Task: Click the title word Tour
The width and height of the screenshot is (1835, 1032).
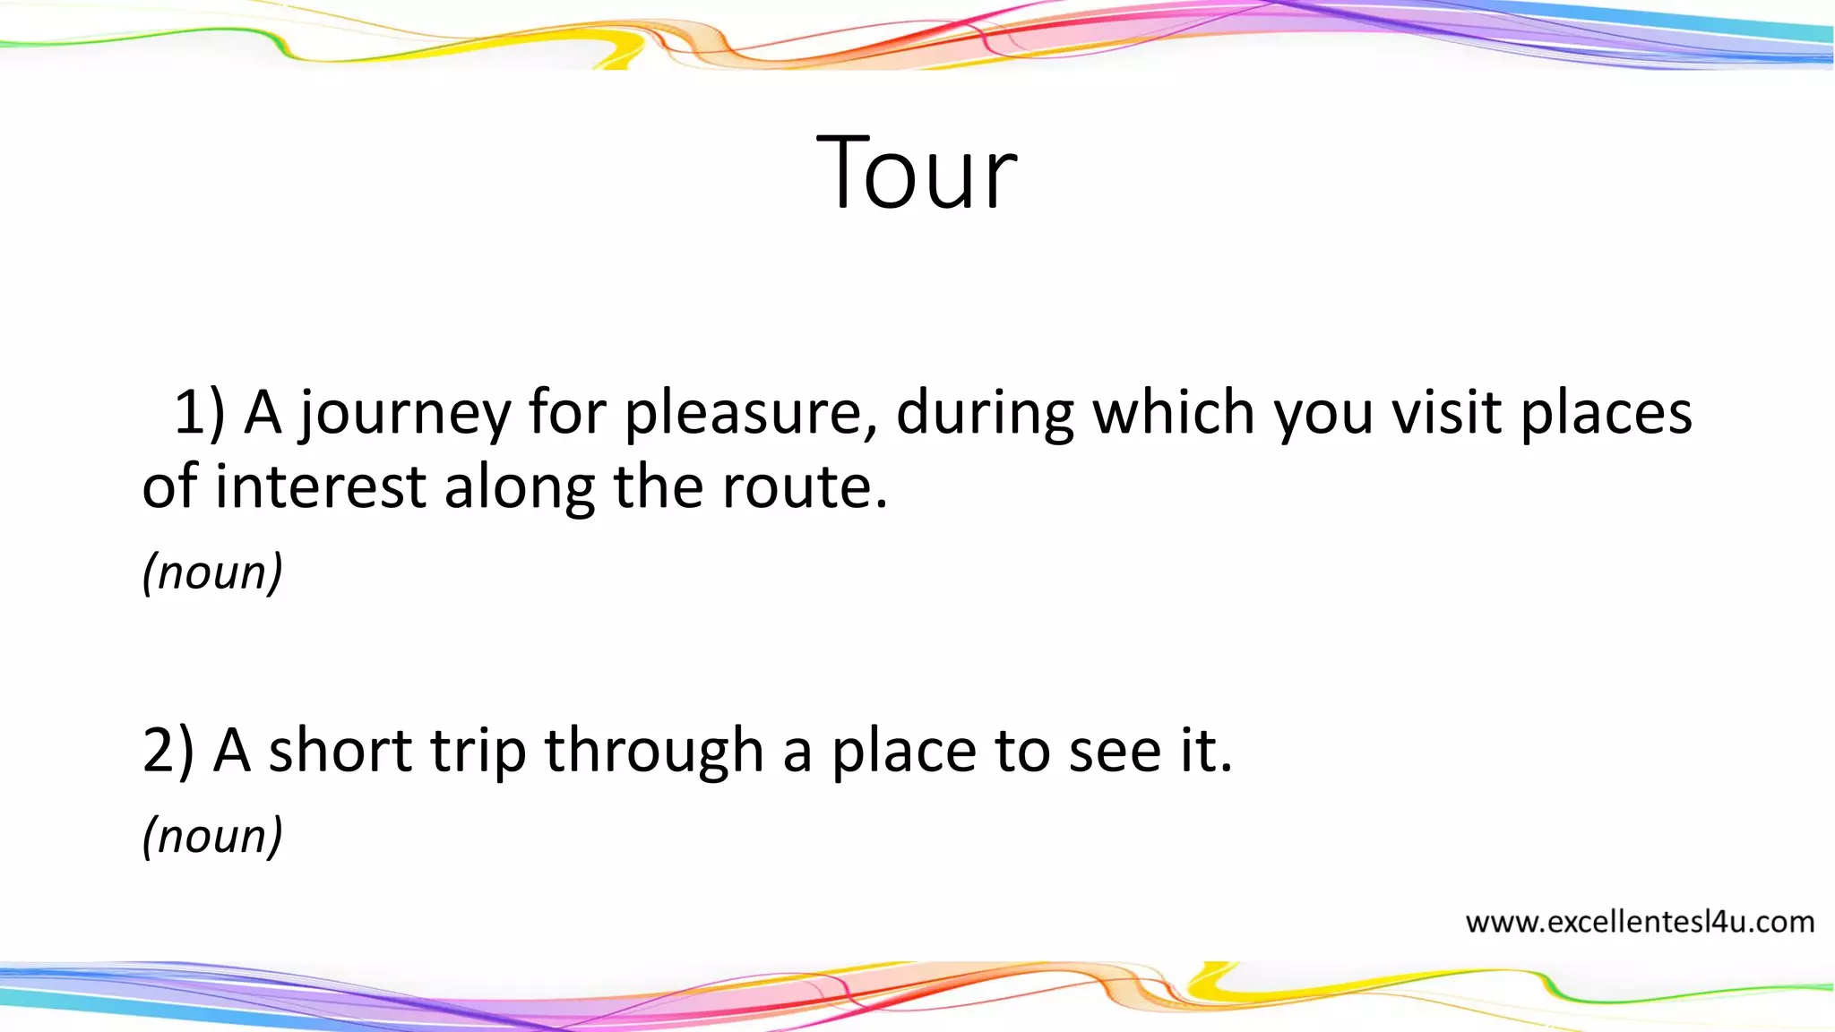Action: (917, 172)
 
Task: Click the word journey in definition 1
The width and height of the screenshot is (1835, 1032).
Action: (404, 414)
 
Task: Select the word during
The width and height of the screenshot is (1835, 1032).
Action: (986, 414)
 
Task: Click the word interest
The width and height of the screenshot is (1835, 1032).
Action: (320, 487)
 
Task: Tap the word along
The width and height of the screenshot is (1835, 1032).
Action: (519, 489)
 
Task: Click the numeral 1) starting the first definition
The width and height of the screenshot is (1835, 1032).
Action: (199, 414)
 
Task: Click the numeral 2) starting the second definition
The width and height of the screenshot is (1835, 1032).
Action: (168, 751)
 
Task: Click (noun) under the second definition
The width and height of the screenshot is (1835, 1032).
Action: (212, 836)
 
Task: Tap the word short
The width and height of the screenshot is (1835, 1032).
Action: (340, 751)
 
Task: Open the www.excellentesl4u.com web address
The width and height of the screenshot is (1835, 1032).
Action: (1639, 922)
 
